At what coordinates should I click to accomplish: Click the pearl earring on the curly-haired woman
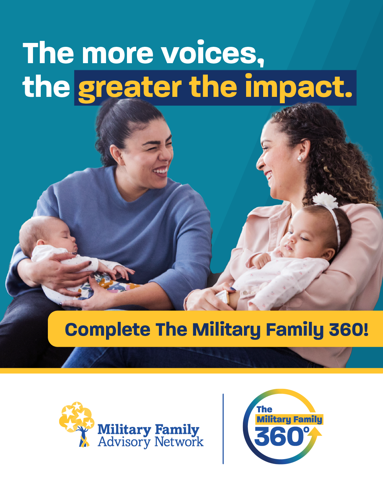(300, 159)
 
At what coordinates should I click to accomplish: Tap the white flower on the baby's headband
(325, 200)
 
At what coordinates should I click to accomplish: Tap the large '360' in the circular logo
(279, 437)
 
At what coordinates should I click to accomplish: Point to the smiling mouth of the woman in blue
(161, 171)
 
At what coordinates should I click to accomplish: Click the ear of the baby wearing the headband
(329, 254)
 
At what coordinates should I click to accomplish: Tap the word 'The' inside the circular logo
(265, 409)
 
